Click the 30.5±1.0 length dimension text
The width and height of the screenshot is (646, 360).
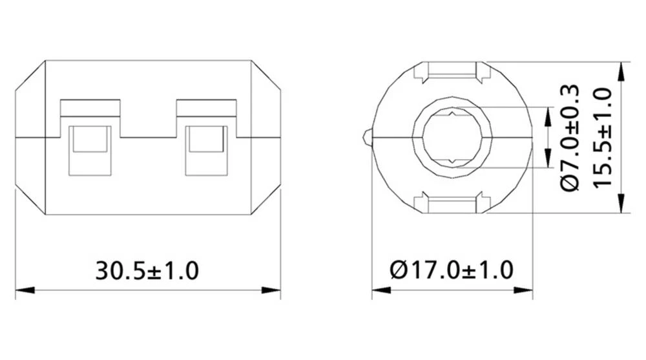click(x=147, y=270)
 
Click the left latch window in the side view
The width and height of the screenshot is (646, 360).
click(x=90, y=150)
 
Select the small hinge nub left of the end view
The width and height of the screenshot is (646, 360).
click(x=366, y=137)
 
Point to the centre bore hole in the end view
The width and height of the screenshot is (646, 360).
click(x=452, y=137)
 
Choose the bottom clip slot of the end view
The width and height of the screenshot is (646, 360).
click(x=452, y=204)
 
